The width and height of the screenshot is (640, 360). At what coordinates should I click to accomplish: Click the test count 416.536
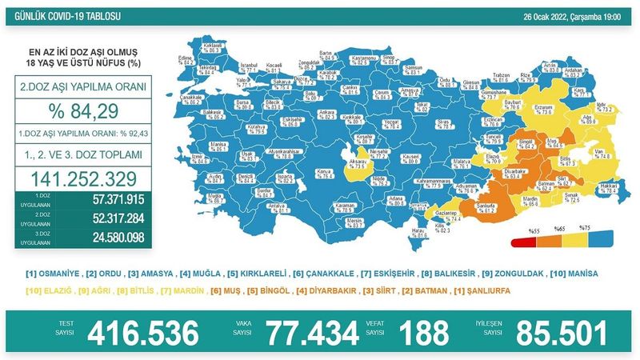(x=142, y=330)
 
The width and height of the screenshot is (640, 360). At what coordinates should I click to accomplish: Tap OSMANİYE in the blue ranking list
(x=55, y=274)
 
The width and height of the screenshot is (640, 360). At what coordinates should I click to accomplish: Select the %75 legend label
(x=585, y=227)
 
